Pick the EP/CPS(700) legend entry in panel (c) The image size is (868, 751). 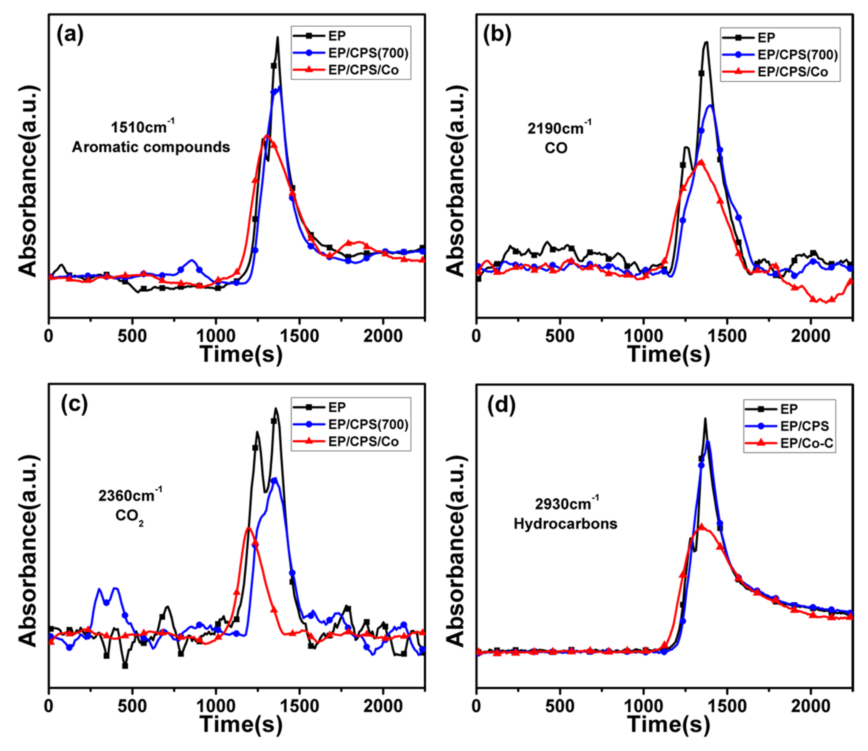point(368,425)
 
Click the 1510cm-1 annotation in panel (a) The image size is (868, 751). point(142,127)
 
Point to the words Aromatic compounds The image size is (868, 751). point(151,147)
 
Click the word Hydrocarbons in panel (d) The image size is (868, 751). point(565,524)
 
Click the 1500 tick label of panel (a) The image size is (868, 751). point(299,336)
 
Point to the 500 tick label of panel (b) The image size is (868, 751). point(560,336)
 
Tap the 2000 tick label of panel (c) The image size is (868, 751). point(382,707)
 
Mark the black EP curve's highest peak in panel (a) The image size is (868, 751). point(277,38)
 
